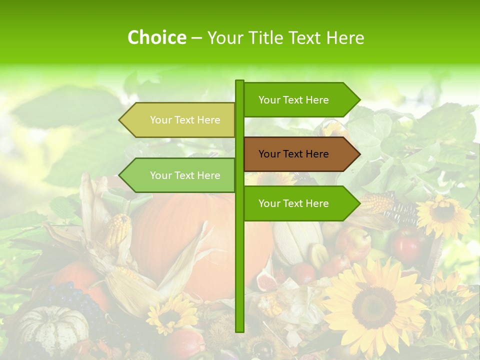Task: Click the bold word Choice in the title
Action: pyautogui.click(x=156, y=37)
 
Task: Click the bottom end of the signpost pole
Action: pyautogui.click(x=239, y=329)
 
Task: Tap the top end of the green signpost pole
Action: pyautogui.click(x=239, y=82)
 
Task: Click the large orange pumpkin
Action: pyautogui.click(x=200, y=235)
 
